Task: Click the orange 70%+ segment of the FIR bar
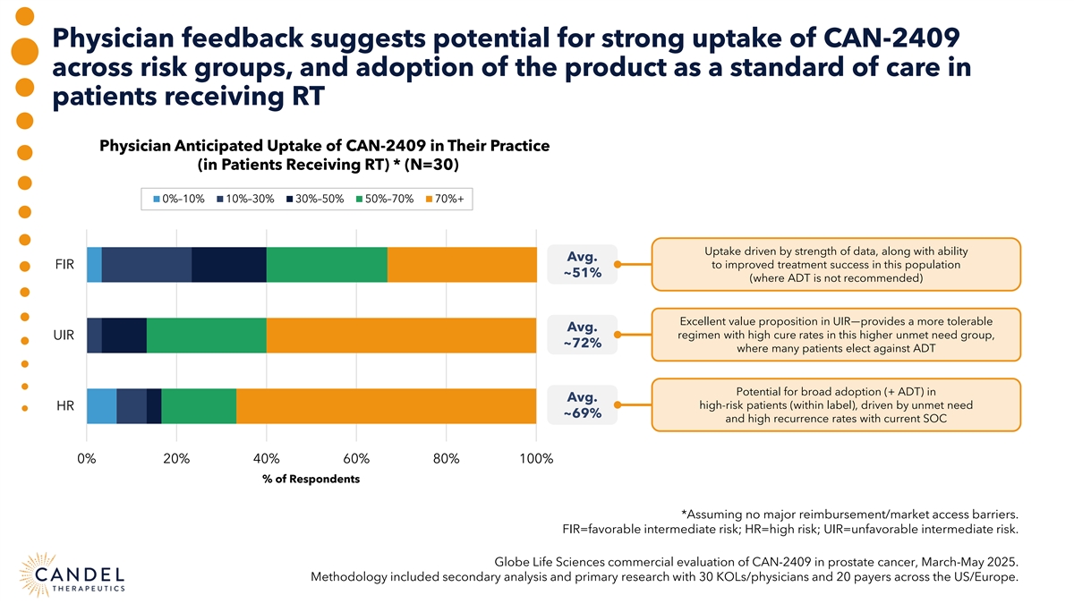462,264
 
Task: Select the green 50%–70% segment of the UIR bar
206,336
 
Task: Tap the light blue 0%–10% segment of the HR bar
101,406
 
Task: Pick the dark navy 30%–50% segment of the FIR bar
228,264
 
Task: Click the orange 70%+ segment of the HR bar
386,406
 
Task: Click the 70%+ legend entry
444,199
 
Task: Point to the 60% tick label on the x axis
356,458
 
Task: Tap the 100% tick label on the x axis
535,458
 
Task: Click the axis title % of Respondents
311,479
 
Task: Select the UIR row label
64,336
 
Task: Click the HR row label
65,406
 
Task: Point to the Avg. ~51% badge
582,264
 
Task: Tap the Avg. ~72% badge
582,335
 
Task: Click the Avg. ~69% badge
582,405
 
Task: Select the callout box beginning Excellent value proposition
836,335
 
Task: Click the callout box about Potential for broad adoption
836,405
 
